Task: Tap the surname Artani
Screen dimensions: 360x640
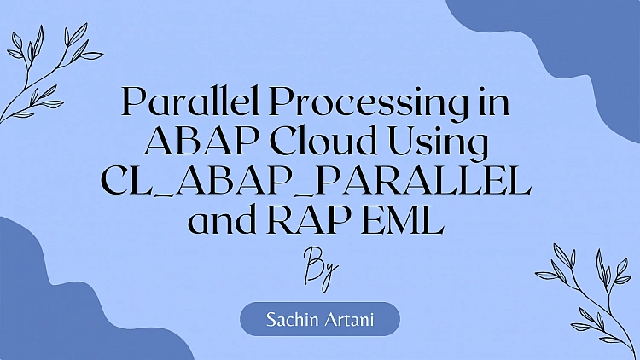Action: (x=350, y=320)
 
